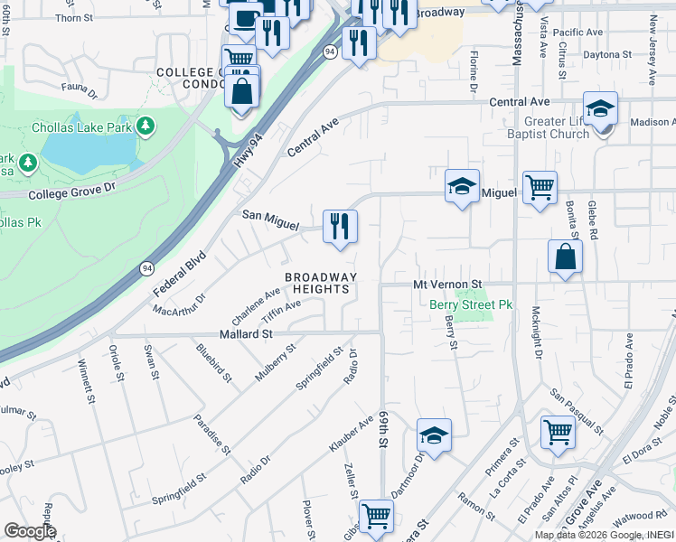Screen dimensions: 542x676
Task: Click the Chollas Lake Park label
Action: [82, 127]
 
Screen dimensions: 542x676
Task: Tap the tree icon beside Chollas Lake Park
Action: [144, 126]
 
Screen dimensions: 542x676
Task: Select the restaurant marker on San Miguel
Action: [340, 226]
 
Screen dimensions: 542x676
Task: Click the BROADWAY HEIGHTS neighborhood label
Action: [320, 283]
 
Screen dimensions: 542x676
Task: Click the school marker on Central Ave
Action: [600, 109]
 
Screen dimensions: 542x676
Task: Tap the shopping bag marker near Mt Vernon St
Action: [565, 257]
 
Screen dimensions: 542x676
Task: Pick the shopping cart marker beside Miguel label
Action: [540, 188]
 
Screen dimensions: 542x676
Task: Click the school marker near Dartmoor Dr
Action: [434, 435]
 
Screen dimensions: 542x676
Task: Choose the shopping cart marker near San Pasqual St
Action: [558, 432]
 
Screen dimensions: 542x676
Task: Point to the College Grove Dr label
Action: [73, 191]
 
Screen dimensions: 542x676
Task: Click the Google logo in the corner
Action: [29, 531]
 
